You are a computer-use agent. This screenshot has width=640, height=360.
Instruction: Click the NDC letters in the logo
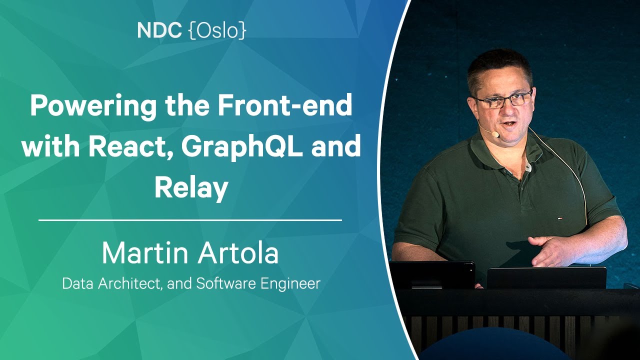coord(159,30)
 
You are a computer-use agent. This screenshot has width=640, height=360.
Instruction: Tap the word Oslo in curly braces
coord(217,30)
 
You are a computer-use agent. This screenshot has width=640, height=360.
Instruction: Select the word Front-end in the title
coord(284,105)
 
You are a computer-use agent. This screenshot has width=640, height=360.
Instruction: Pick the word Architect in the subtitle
coord(130,283)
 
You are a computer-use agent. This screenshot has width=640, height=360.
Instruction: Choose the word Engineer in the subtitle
coord(290,284)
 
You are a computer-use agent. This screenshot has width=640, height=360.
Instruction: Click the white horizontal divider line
coord(190,220)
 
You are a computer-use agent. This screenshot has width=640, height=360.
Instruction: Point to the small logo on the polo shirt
coord(559,219)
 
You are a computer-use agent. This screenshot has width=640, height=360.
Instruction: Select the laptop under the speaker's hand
coord(546,277)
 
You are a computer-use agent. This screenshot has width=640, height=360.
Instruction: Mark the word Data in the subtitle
coord(77,283)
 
